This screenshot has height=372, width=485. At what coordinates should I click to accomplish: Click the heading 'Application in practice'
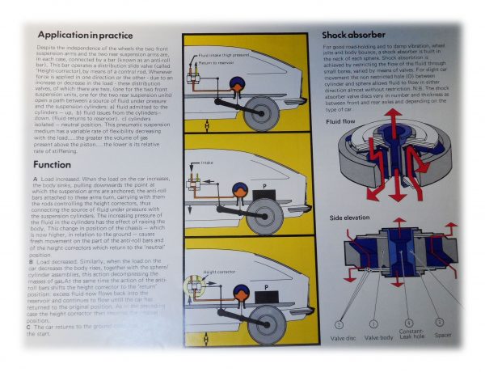[86, 36]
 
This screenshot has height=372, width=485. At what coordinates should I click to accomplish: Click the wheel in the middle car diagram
[265, 216]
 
